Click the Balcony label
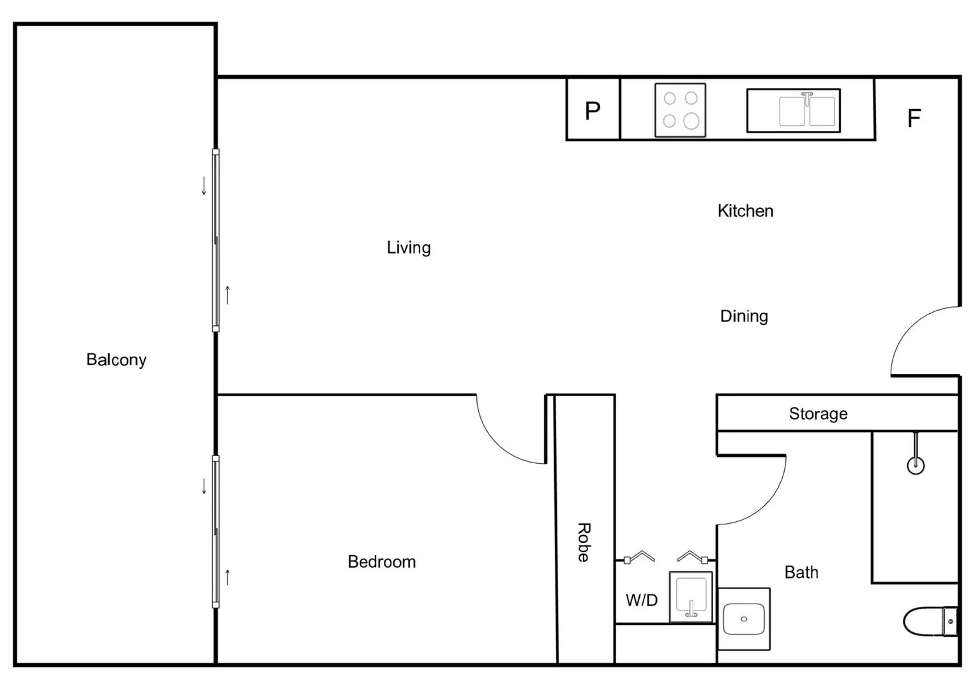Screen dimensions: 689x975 click(116, 360)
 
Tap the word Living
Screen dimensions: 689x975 click(409, 248)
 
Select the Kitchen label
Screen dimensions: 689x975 click(745, 211)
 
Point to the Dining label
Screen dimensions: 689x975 click(744, 316)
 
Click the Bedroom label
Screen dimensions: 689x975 click(381, 562)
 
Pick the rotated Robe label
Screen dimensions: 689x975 click(584, 542)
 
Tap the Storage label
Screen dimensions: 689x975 click(818, 413)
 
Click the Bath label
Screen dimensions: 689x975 click(801, 572)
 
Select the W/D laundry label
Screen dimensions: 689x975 click(641, 600)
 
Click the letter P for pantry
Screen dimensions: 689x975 click(593, 111)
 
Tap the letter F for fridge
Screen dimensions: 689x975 click(914, 118)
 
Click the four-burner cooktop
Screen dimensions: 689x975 click(680, 110)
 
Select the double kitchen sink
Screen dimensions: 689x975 click(793, 110)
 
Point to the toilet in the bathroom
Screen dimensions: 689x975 click(930, 621)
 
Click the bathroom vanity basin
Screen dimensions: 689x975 click(744, 619)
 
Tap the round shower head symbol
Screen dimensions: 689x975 click(916, 465)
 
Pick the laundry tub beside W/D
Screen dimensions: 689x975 click(691, 596)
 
